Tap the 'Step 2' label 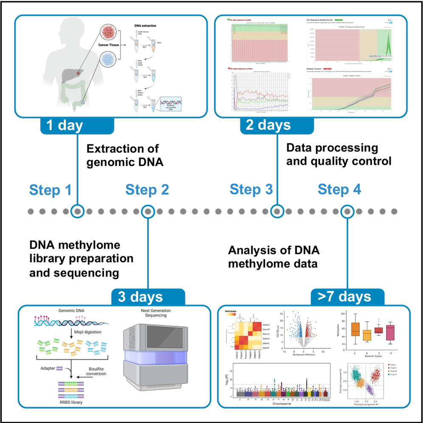click(147, 190)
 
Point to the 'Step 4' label click(339, 190)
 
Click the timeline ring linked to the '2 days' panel click(277, 211)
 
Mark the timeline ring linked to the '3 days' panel click(147, 211)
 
